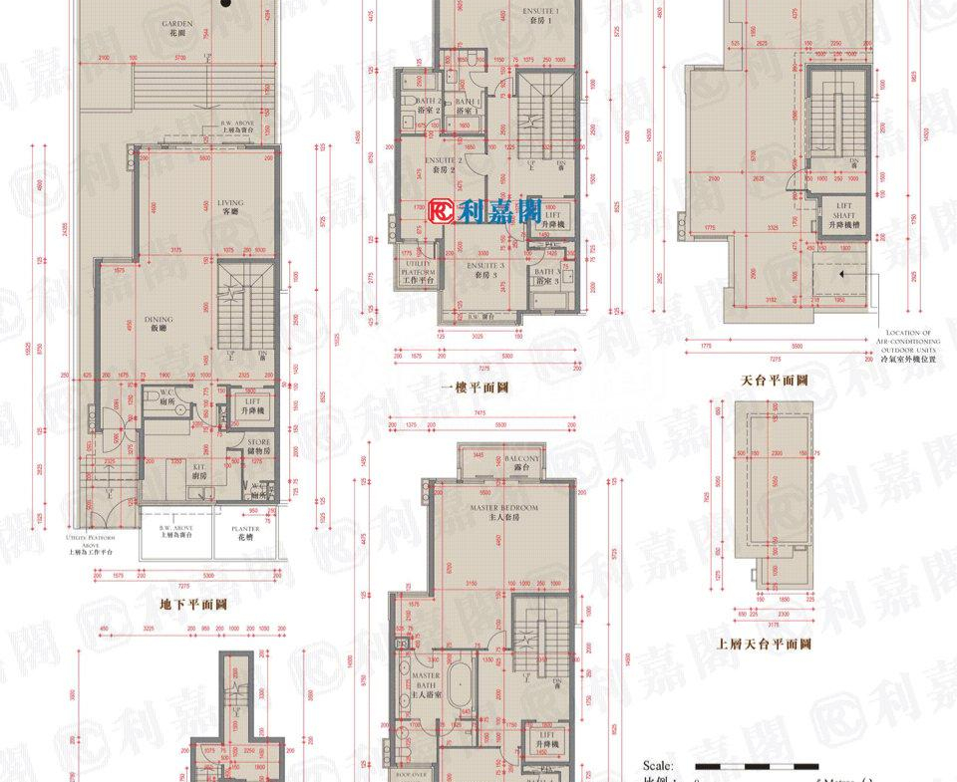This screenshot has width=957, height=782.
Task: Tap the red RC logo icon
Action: [442, 210]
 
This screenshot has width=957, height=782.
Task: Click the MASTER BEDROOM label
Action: [504, 511]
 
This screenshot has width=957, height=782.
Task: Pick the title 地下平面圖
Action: [194, 604]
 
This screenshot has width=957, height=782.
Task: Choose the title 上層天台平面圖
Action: [764, 644]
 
